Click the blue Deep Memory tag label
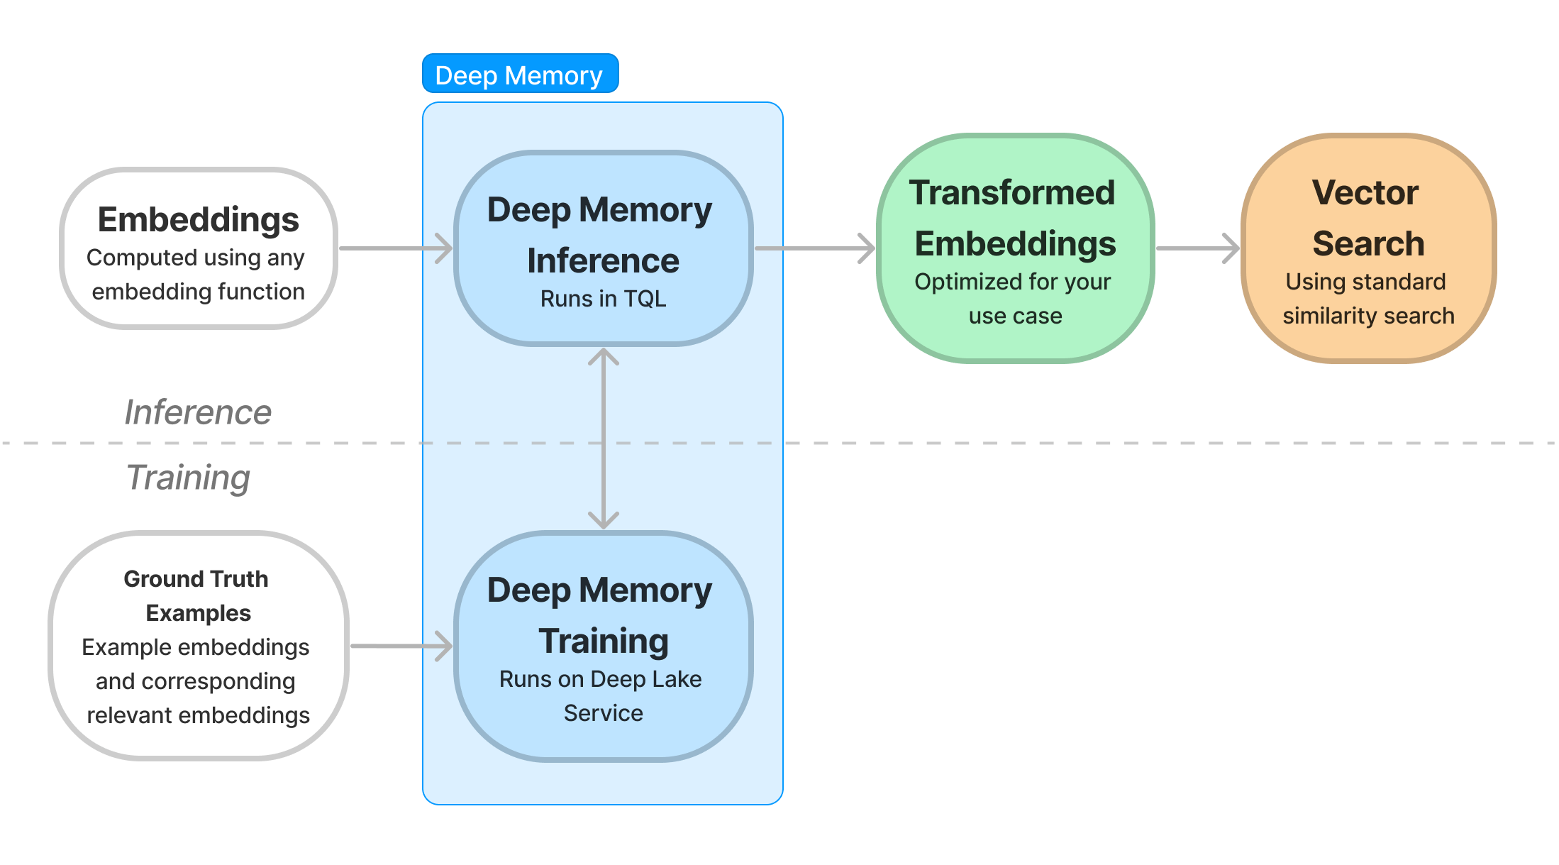point(520,74)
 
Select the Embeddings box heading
point(199,219)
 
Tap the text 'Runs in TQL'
point(604,299)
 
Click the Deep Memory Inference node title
point(601,235)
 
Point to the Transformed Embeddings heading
point(1014,218)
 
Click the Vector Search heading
point(1367,218)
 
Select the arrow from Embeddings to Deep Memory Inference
point(396,248)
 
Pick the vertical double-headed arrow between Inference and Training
point(604,439)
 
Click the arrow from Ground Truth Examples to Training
point(401,646)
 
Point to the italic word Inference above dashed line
point(198,412)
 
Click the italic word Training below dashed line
point(188,478)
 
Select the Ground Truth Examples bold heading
point(196,596)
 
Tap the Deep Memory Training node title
point(601,615)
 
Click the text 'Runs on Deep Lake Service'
point(601,696)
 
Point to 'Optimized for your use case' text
point(1014,299)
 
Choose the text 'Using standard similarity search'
point(1368,299)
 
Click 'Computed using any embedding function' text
point(196,275)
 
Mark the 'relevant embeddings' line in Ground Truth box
point(199,715)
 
